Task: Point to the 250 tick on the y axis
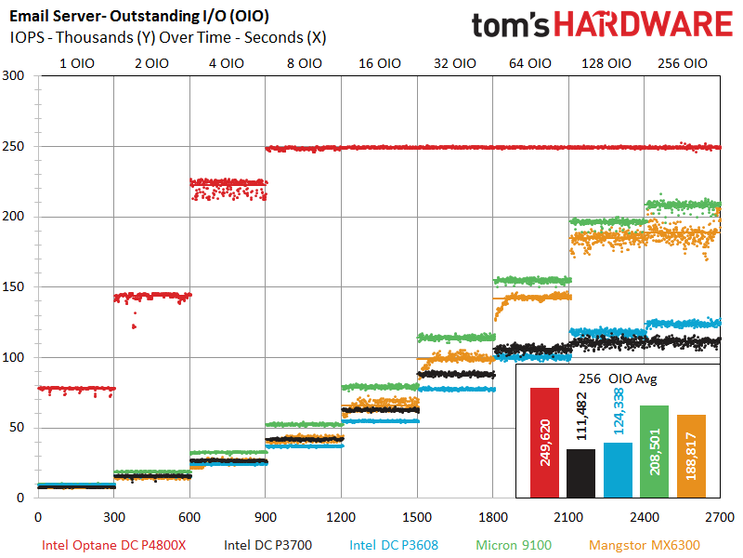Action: click(18, 147)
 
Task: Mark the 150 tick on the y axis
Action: click(18, 287)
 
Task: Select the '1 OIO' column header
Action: click(75, 64)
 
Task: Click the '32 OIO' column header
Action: click(455, 64)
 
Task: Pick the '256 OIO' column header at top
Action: click(683, 64)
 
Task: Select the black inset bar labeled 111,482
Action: click(580, 473)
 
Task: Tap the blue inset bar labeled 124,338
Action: click(618, 470)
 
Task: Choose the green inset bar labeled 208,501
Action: click(654, 451)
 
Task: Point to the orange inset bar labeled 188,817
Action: click(691, 456)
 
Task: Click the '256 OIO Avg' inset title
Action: click(618, 378)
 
